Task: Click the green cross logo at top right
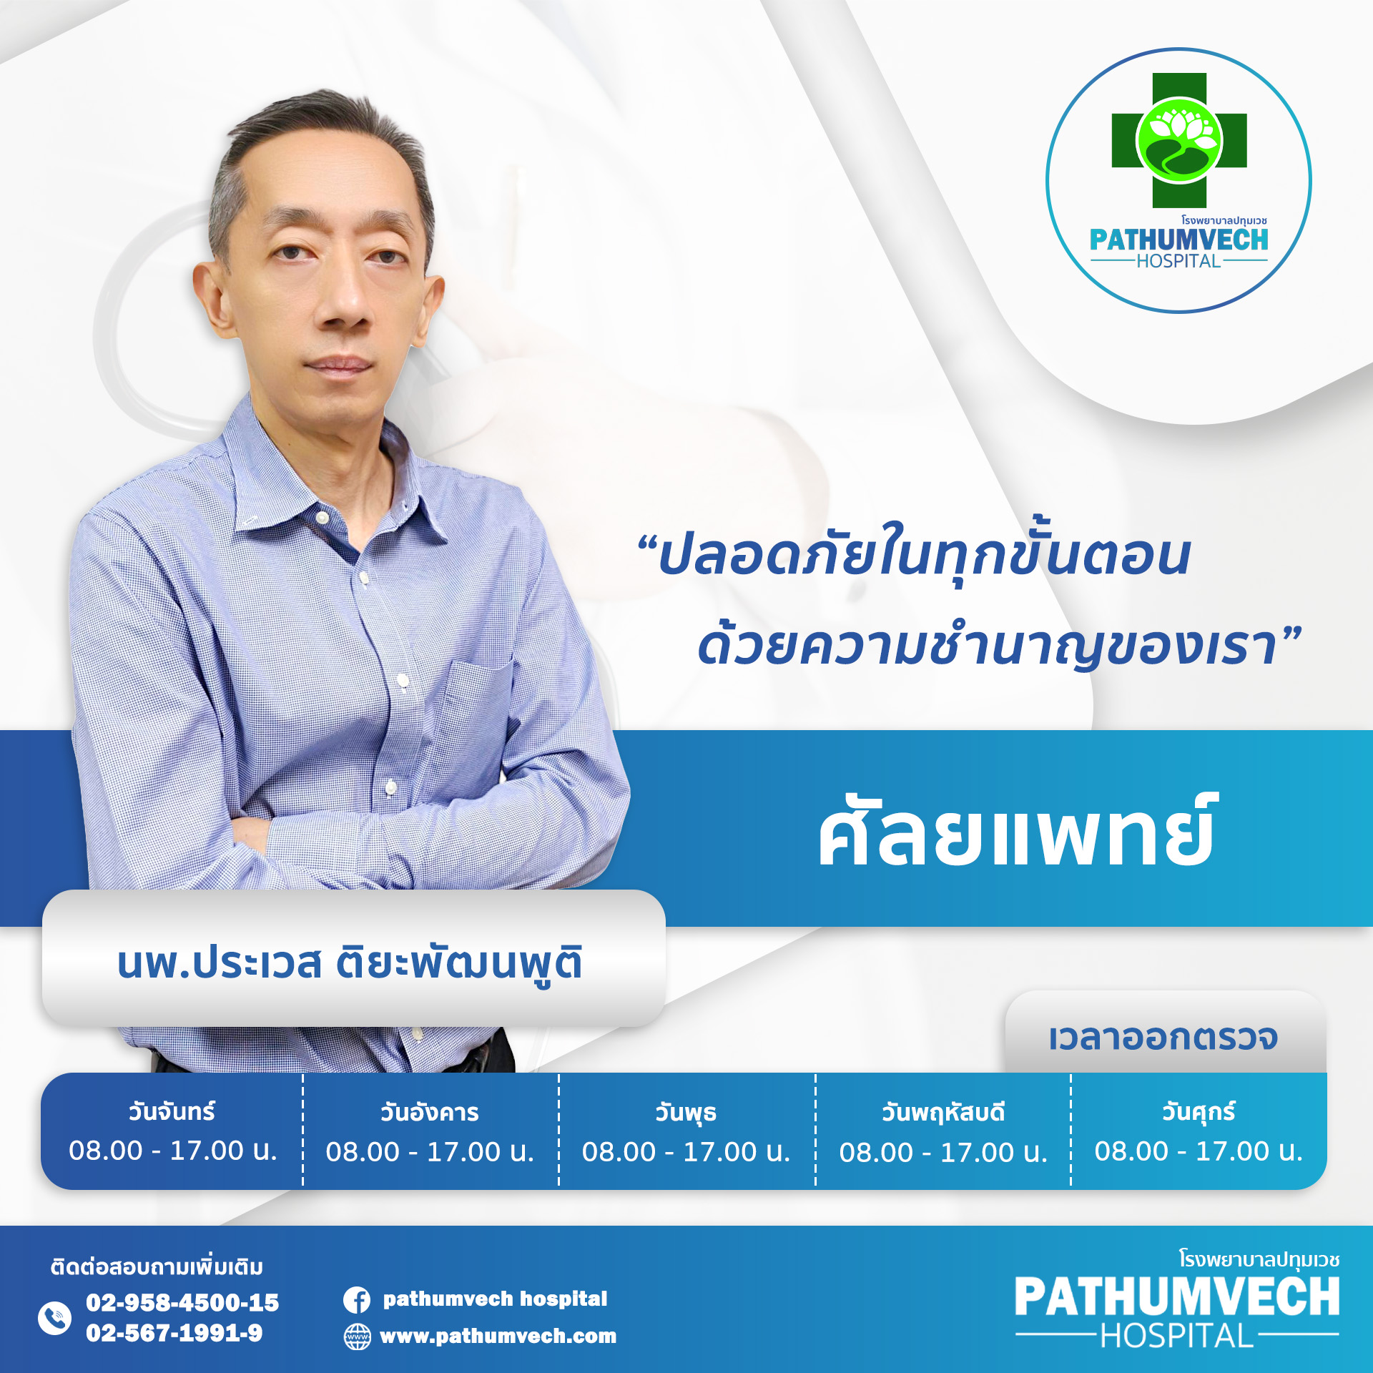coord(1178,141)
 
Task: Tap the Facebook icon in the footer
coord(357,1299)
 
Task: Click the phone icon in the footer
coord(54,1317)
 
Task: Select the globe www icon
coord(358,1337)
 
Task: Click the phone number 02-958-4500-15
coord(182,1302)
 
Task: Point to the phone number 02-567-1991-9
coord(174,1333)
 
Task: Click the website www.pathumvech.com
coord(498,1336)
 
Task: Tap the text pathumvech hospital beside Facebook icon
coord(495,1299)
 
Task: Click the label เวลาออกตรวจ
coord(1163,1038)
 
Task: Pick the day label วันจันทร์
coord(172,1111)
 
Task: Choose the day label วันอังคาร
coord(429,1112)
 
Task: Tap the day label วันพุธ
coord(686,1113)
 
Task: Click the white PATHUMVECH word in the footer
coord(1177,1296)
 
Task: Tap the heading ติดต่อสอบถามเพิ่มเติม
coord(157,1266)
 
